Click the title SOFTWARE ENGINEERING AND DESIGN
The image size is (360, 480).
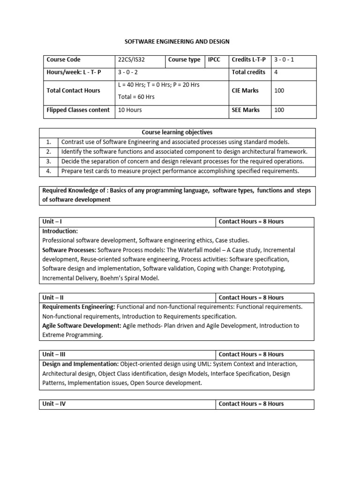[x=176, y=42]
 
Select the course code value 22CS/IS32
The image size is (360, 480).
[x=133, y=60]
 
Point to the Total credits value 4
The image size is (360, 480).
[x=276, y=72]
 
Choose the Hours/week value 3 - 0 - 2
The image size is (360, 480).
[x=128, y=72]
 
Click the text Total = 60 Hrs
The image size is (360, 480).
[x=136, y=97]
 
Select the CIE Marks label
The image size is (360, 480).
[x=245, y=90]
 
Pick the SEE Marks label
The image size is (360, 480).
[x=245, y=110]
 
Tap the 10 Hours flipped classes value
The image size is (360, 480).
[x=130, y=110]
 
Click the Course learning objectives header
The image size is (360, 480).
[x=177, y=133]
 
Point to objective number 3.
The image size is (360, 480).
[x=48, y=161]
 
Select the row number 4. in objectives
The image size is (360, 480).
[x=48, y=171]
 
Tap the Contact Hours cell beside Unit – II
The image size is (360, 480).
[x=251, y=298]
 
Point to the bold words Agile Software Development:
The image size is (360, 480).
[x=82, y=326]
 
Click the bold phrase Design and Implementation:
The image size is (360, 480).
[x=81, y=364]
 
